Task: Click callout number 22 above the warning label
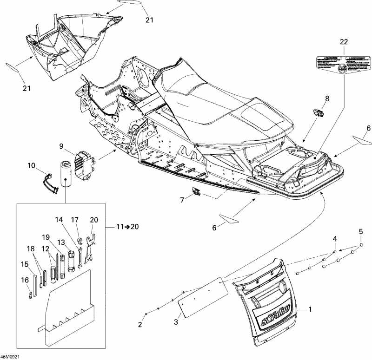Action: pyautogui.click(x=344, y=42)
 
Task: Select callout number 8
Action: pyautogui.click(x=326, y=98)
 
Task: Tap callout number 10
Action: pyautogui.click(x=31, y=165)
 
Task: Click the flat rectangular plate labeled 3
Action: pyautogui.click(x=199, y=296)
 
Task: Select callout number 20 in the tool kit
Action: pyautogui.click(x=94, y=219)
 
